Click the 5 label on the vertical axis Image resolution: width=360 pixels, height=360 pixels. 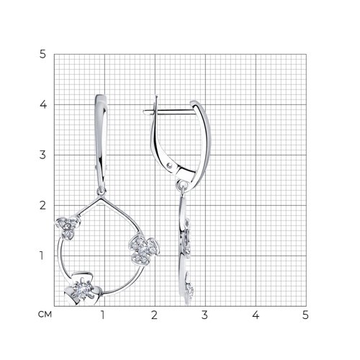click(42, 55)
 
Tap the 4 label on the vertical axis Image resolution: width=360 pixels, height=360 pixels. click(43, 104)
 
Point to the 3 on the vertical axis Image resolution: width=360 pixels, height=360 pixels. click(42, 155)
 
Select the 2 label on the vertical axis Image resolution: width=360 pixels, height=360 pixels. click(42, 205)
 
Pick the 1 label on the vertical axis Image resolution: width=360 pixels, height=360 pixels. click(42, 256)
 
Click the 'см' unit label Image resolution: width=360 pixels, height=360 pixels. click(45, 315)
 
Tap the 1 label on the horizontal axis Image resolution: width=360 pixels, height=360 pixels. click(103, 315)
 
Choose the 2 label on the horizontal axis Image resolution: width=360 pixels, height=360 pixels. click(154, 315)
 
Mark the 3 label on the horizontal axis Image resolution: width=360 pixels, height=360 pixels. click(204, 315)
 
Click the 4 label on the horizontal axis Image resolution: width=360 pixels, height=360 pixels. click(256, 315)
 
